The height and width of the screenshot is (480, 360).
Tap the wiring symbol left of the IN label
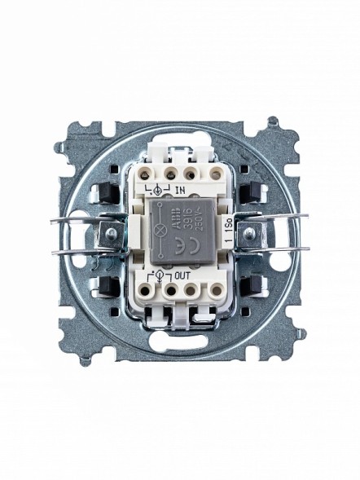coord(160,190)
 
